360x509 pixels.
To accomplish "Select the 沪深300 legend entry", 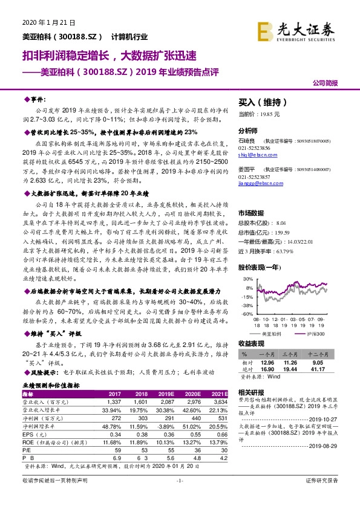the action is (314, 334).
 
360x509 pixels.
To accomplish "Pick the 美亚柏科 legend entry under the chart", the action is (275, 334).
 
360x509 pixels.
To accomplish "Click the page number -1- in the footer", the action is (179, 497).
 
